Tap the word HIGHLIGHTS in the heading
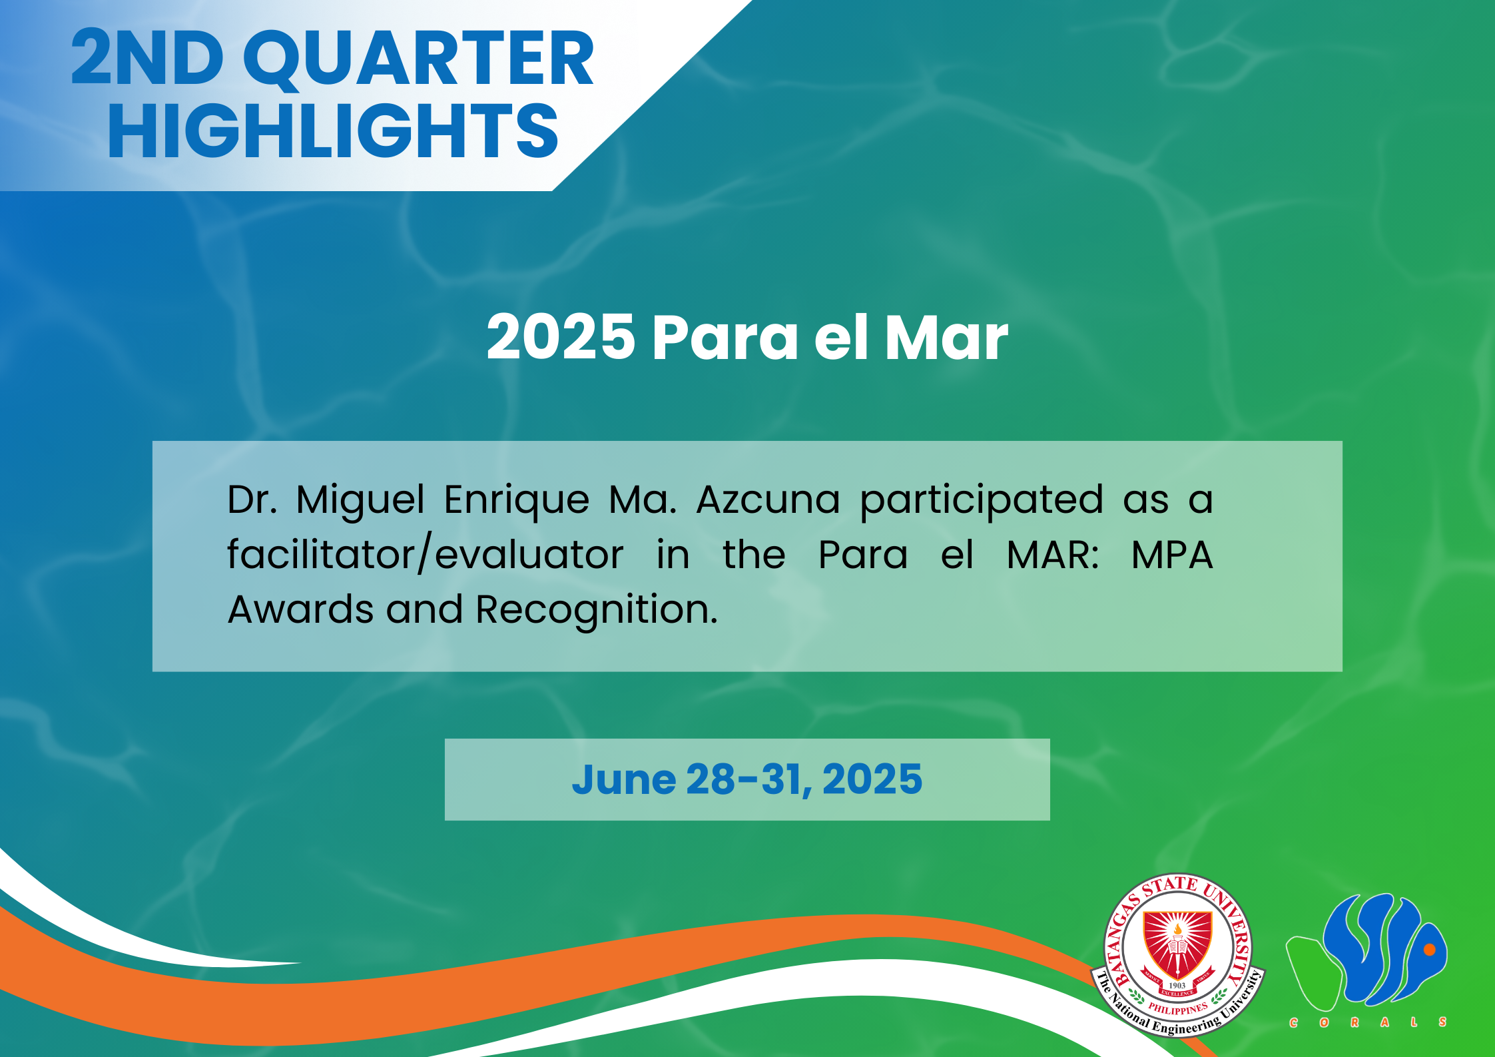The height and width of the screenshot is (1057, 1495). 333,131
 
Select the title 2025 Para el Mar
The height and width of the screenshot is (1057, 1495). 747,338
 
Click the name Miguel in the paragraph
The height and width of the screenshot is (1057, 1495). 360,502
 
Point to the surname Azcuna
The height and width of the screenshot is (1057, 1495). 768,500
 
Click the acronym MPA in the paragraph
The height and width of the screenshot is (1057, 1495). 1172,555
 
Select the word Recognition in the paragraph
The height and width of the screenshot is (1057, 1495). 597,611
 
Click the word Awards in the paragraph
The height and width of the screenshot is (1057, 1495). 300,610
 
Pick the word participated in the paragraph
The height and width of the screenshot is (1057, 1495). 982,502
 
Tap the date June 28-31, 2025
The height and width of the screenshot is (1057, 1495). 747,779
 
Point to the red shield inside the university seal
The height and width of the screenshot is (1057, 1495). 1177,946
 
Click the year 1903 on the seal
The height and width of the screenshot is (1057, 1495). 1177,985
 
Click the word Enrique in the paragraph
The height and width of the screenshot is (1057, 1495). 516,502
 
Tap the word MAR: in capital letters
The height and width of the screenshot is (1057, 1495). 1053,555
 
